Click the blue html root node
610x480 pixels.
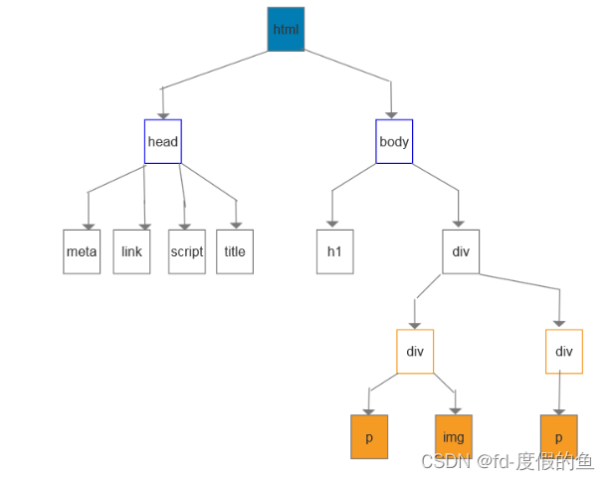click(x=286, y=29)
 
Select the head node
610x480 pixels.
click(x=162, y=141)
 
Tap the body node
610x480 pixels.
click(x=394, y=141)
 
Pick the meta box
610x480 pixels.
click(x=82, y=251)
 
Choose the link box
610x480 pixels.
click(x=131, y=251)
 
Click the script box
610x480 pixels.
click(x=186, y=251)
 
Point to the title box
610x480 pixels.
click(x=235, y=251)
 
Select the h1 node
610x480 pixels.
click(x=334, y=251)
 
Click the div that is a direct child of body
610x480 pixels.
click(x=461, y=251)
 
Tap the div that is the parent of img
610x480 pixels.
click(x=415, y=351)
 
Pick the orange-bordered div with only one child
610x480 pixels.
click(x=564, y=351)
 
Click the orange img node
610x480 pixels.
click(x=454, y=437)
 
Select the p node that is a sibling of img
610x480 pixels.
click(x=369, y=437)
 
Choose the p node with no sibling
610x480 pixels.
click(x=559, y=437)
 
